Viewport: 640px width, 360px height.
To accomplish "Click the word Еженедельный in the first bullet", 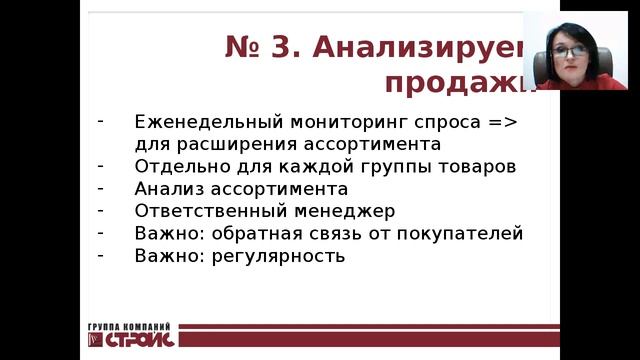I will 191,122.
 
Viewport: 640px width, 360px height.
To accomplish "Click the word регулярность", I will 285,255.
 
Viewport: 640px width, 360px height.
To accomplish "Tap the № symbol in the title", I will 242,46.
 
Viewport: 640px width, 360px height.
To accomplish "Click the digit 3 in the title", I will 290,46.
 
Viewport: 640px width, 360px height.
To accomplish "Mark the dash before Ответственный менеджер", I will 101,209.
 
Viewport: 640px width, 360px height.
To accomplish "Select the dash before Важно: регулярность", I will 101,253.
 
